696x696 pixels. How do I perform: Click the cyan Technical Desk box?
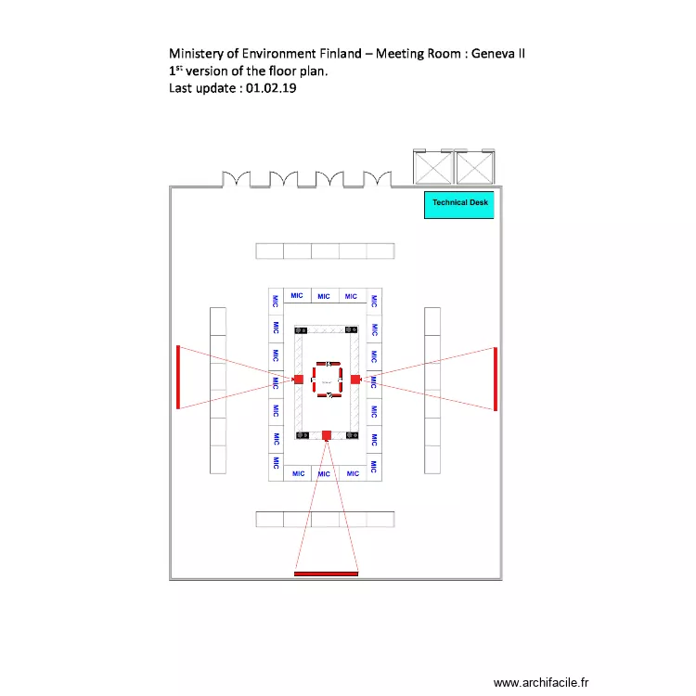tap(458, 204)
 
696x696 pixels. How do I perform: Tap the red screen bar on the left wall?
tap(178, 377)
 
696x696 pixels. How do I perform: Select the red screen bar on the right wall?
tap(496, 379)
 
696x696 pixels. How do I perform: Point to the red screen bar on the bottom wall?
tap(326, 574)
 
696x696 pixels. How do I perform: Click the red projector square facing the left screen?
tap(298, 379)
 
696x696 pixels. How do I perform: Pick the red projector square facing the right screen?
tap(355, 379)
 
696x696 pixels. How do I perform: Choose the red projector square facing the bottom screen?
tap(327, 434)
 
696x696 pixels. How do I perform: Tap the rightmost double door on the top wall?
tap(377, 177)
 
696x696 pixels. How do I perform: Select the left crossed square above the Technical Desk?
tap(432, 168)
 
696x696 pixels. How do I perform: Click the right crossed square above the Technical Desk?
tap(474, 168)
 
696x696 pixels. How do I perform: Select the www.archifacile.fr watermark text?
tap(540, 683)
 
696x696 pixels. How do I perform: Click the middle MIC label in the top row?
tap(323, 297)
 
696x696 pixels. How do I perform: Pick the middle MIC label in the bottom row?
tap(324, 474)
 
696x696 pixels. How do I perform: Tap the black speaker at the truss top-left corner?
tap(300, 329)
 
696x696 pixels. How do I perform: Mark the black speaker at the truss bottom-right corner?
tap(353, 434)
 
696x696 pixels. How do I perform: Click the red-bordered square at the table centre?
tap(327, 379)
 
